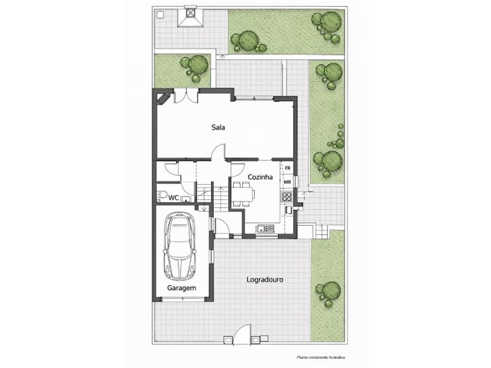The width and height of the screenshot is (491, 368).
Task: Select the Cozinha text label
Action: pos(259,178)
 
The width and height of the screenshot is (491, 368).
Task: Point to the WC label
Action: pos(174,198)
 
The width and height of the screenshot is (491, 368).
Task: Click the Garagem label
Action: pos(181,288)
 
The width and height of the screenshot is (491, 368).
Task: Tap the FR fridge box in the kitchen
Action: pos(287,169)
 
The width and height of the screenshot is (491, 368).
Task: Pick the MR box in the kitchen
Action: pos(287,182)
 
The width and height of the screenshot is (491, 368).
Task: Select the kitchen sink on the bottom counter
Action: pos(264,228)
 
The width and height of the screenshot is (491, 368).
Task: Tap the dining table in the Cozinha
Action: pos(240,196)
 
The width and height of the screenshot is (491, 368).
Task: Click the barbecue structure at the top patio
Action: pos(190,17)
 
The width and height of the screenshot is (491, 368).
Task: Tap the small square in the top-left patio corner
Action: pos(161,14)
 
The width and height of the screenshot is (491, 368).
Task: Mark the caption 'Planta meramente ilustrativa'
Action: pos(320,357)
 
